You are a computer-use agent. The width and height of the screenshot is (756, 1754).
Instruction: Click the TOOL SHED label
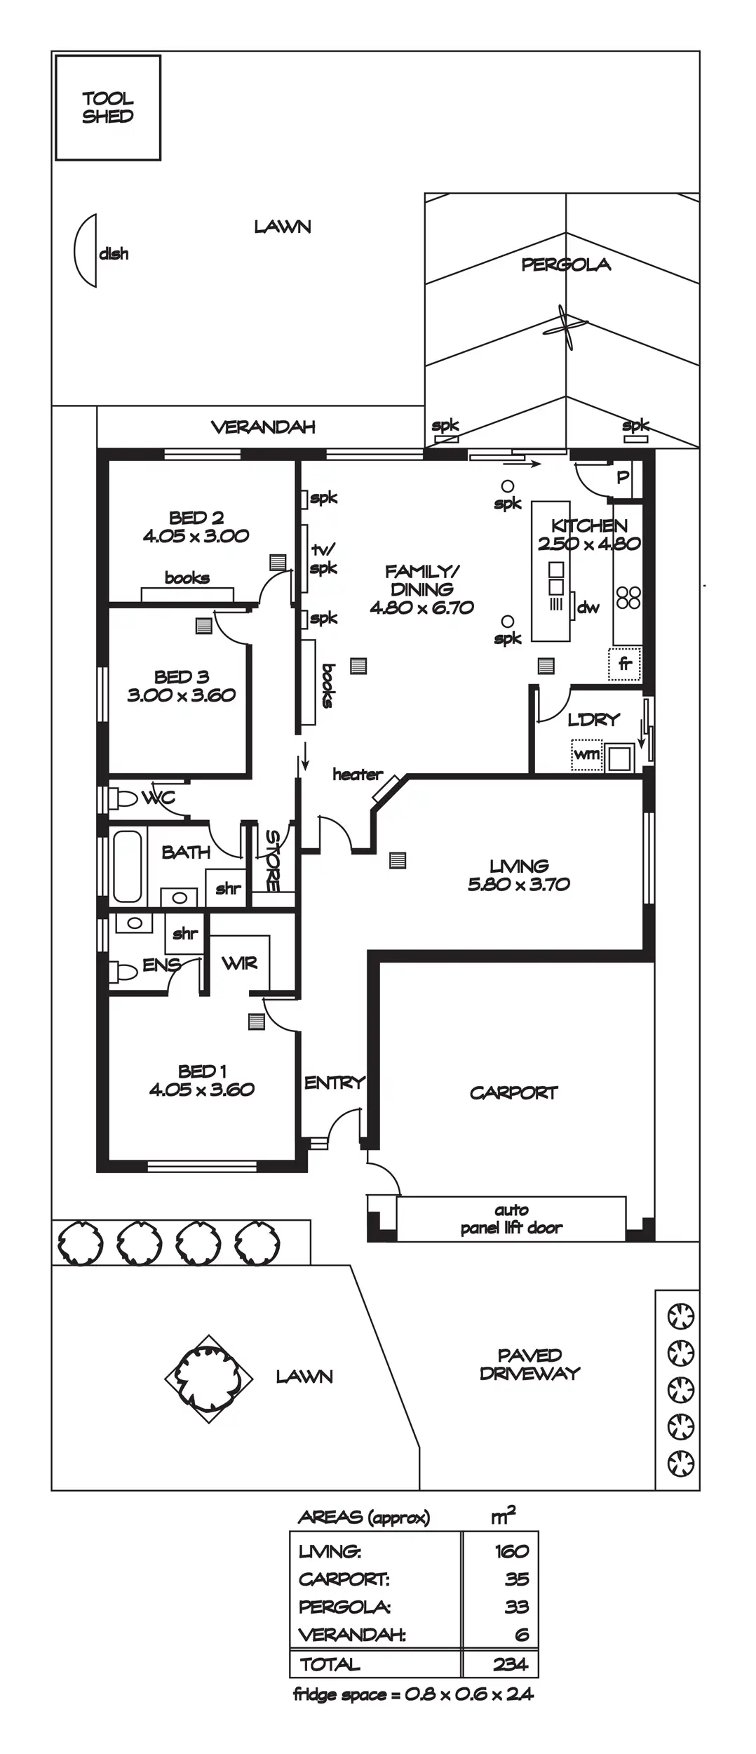pos(107,107)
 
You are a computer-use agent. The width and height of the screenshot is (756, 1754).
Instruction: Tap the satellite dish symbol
pos(86,250)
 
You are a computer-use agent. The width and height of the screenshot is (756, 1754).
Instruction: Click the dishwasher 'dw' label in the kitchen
pos(588,608)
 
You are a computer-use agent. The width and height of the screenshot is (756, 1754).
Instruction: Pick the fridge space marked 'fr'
pos(624,664)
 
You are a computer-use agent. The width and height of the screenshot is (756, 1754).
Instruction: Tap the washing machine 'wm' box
pos(587,754)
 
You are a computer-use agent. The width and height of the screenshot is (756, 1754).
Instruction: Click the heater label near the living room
pos(358,775)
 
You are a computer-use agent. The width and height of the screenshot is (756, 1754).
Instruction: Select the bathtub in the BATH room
pos(128,866)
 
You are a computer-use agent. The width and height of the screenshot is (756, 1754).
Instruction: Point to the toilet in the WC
pos(124,798)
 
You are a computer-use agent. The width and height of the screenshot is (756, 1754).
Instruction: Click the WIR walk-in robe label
pos(240,963)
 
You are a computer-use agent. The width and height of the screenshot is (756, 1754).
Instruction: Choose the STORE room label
pos(272,860)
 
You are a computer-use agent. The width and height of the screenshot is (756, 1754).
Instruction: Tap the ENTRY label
pos(335,1083)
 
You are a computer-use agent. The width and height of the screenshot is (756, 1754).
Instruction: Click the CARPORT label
pos(514,1092)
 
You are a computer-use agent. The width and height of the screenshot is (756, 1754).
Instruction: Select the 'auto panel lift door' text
pos(511,1219)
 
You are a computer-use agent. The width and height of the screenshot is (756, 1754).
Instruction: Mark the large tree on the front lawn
pos(209,1379)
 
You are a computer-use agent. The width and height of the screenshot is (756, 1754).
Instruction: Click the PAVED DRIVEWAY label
pos(529,1364)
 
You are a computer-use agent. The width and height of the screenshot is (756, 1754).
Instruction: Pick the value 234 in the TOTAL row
pos(510,1664)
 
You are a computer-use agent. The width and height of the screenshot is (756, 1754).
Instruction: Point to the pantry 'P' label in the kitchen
pos(623,477)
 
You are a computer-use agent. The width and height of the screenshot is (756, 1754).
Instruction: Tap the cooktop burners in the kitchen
pos(628,597)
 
